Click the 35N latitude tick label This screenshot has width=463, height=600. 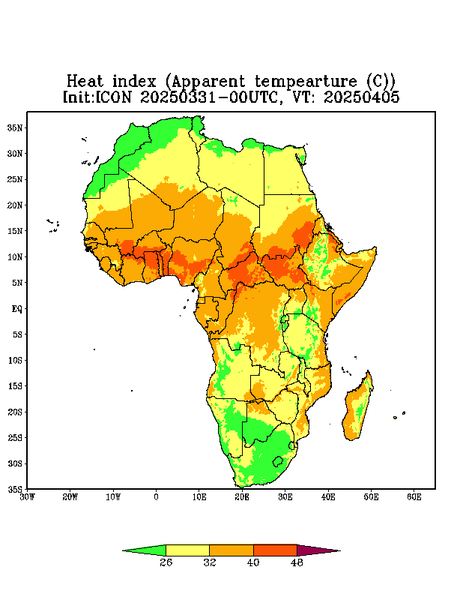click(15, 128)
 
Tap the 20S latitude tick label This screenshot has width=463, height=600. click(15, 412)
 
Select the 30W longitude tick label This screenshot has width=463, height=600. click(27, 497)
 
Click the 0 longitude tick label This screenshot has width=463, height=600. click(156, 497)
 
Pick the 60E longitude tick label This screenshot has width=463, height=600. click(414, 497)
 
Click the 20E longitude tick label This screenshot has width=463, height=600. click(242, 497)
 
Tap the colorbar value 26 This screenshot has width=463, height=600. click(166, 562)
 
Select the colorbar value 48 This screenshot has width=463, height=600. click(297, 562)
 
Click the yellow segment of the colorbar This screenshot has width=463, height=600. click(187, 550)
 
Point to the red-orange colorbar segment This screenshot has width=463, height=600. click(275, 550)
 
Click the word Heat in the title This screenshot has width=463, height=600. click(85, 81)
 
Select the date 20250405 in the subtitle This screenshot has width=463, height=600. click(362, 96)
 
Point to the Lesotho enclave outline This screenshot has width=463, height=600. click(278, 461)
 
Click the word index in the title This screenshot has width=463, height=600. click(134, 81)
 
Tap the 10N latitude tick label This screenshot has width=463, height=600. click(15, 257)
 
